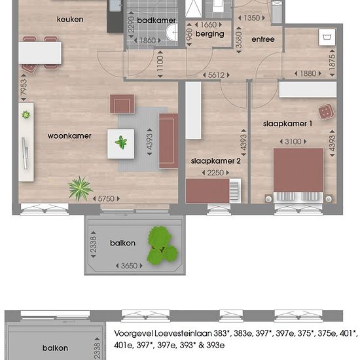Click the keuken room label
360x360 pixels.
coord(70,19)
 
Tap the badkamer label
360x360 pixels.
coord(156,20)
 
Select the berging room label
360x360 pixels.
coord(209,34)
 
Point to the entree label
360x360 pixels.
coord(263,39)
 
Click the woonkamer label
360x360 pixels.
coord(69,136)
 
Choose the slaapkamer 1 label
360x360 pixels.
coord(287,124)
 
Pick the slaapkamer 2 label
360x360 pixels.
coord(215,161)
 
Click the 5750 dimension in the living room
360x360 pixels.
coord(106,198)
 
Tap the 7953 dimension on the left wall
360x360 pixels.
coord(24,88)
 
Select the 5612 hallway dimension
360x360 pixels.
coord(216,75)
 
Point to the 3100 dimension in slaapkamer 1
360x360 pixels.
coord(293,141)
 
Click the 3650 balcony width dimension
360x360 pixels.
coord(129,266)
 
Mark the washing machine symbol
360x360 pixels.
coord(327,37)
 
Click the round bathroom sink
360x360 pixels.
coord(172,32)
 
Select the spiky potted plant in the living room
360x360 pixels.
coord(80,189)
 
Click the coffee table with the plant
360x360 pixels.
coord(121,144)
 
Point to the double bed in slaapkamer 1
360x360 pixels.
coord(298,175)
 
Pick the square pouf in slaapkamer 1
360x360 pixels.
coord(326,112)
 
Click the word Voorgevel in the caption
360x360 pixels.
coord(133,333)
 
